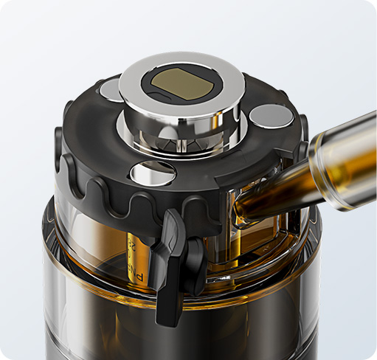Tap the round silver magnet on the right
point(271,117)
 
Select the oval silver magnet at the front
point(152,173)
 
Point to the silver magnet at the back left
point(111,89)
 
